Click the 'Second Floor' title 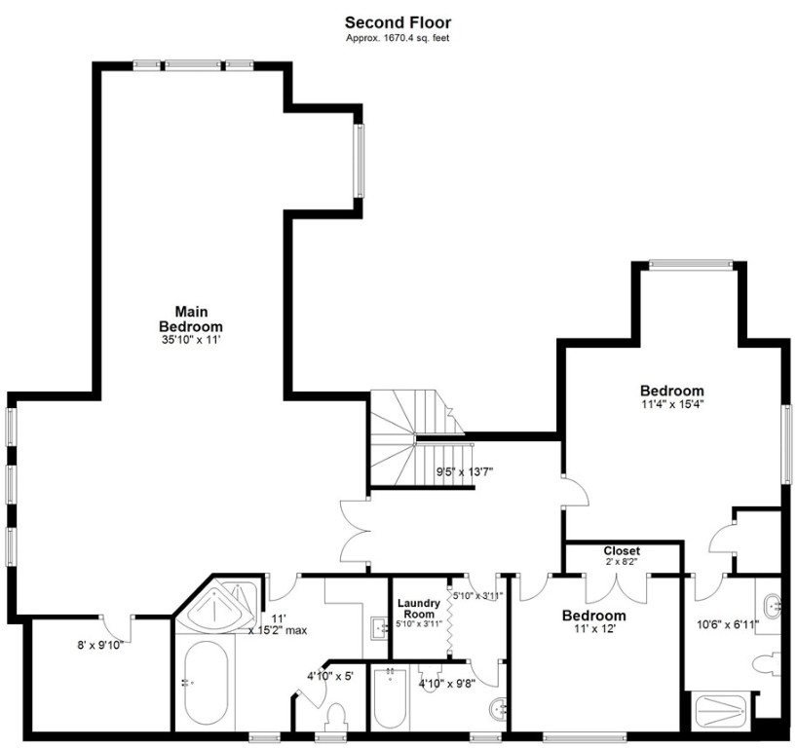coord(398,21)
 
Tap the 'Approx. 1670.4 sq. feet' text coord(398,37)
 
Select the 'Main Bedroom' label coord(192,319)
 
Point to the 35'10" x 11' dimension coord(192,340)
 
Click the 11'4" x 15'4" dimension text coord(672,403)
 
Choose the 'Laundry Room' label coord(419,609)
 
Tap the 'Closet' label coord(622,551)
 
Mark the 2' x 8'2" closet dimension coord(622,563)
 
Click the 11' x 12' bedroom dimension coord(594,629)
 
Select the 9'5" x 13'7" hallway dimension coord(465,472)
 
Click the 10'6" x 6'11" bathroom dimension coord(725,624)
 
